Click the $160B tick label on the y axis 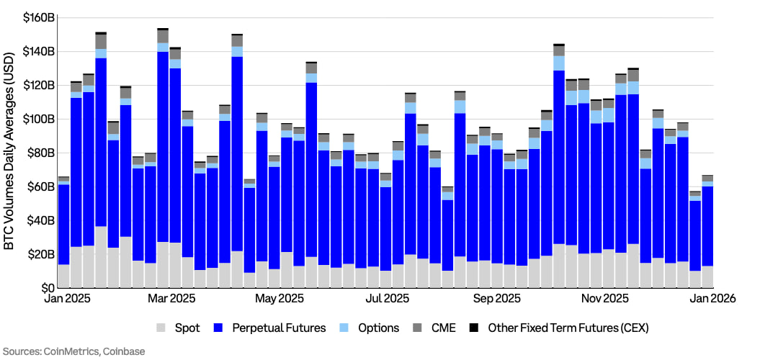pyautogui.click(x=38, y=17)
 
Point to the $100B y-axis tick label pyautogui.click(x=38, y=119)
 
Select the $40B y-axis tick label pyautogui.click(x=40, y=220)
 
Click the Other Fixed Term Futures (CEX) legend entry pyautogui.click(x=562, y=328)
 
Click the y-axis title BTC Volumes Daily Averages pyautogui.click(x=9, y=151)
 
